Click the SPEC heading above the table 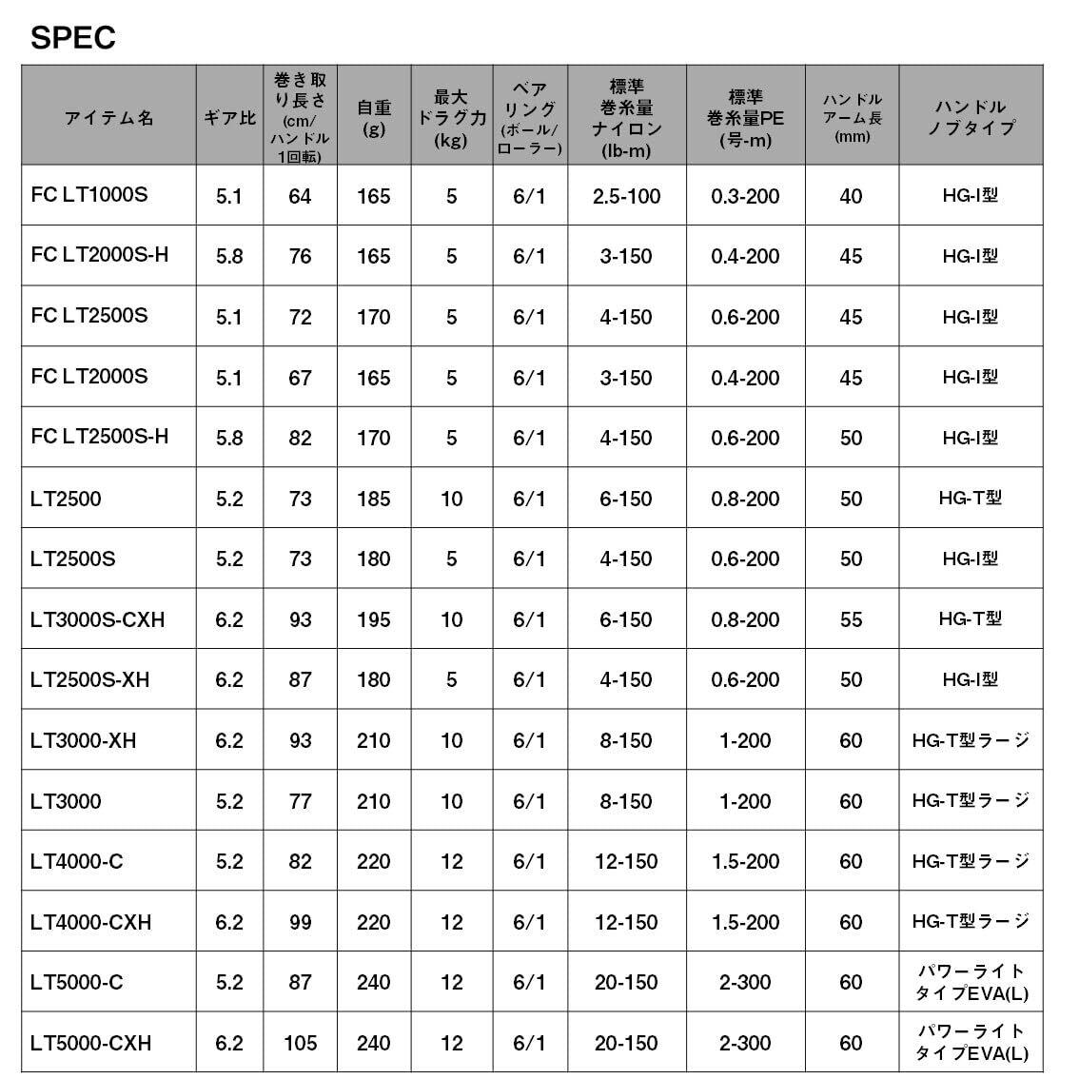[73, 38]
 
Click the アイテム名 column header [108, 118]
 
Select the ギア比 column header [229, 118]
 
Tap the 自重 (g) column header [374, 118]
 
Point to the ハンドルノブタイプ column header [970, 118]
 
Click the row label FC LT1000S [89, 195]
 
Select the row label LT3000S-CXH [97, 619]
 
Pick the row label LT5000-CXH [90, 1043]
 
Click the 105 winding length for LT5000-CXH [300, 1044]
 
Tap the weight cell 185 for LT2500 [374, 499]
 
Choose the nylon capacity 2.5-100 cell [626, 196]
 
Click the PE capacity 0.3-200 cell [745, 196]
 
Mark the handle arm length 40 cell [851, 196]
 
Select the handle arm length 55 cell [851, 619]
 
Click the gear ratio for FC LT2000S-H [229, 257]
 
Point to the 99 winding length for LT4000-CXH [300, 922]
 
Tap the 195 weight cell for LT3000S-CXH [374, 619]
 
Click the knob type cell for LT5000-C [971, 982]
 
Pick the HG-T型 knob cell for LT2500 [970, 498]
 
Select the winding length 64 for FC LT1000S [300, 196]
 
